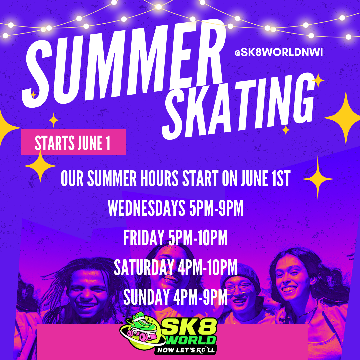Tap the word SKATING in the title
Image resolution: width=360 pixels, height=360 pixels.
(x=238, y=107)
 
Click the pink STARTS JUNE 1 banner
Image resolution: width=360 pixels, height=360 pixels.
(x=73, y=142)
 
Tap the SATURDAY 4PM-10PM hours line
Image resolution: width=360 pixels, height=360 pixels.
(x=176, y=268)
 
